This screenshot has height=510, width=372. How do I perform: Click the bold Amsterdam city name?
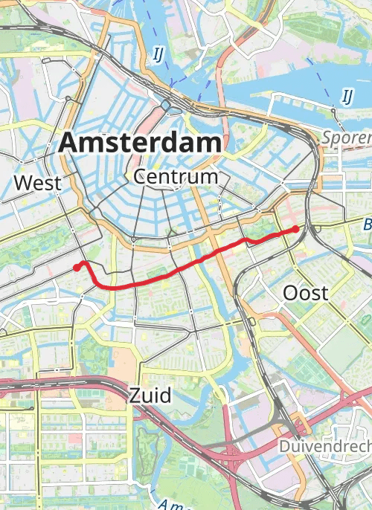[x=140, y=141]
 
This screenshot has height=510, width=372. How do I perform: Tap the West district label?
[x=37, y=183]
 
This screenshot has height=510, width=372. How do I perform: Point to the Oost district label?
[x=305, y=293]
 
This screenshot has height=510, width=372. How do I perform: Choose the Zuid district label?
[x=150, y=395]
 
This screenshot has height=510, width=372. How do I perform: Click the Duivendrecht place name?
[x=324, y=446]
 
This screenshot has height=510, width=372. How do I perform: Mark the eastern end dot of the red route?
[x=295, y=229]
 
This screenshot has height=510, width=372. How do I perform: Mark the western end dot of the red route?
[x=77, y=268]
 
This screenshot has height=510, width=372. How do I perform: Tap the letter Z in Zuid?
[x=135, y=395]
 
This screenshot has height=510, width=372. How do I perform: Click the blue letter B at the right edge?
[x=367, y=224]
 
